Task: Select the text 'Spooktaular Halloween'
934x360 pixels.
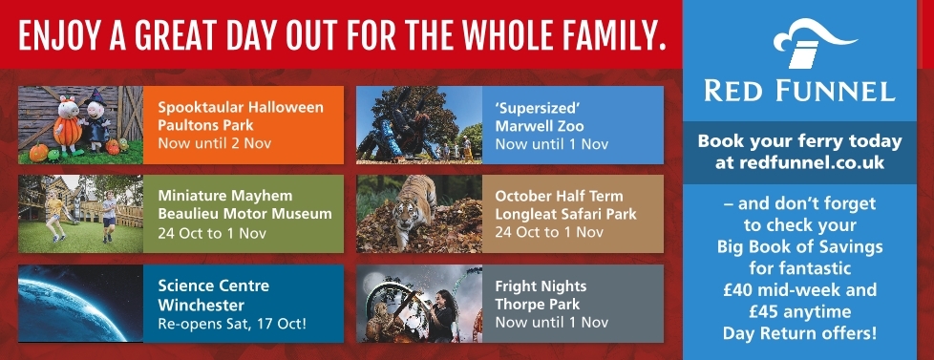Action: click(x=241, y=108)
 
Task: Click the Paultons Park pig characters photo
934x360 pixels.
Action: click(x=80, y=125)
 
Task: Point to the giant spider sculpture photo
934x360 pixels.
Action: click(x=418, y=125)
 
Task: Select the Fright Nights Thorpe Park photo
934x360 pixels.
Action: click(x=418, y=304)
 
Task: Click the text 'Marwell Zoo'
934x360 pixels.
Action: click(x=540, y=126)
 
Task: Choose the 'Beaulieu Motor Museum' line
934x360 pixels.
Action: click(x=244, y=214)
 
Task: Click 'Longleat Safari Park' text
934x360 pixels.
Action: click(x=566, y=214)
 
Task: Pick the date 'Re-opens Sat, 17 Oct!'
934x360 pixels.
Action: click(x=232, y=325)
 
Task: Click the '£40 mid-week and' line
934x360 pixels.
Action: click(x=799, y=290)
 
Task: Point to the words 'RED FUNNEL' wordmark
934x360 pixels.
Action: click(x=799, y=91)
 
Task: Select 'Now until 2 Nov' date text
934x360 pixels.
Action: click(x=215, y=144)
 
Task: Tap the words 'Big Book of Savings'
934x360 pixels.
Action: click(x=799, y=246)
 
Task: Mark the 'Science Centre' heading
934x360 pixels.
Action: click(x=214, y=286)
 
